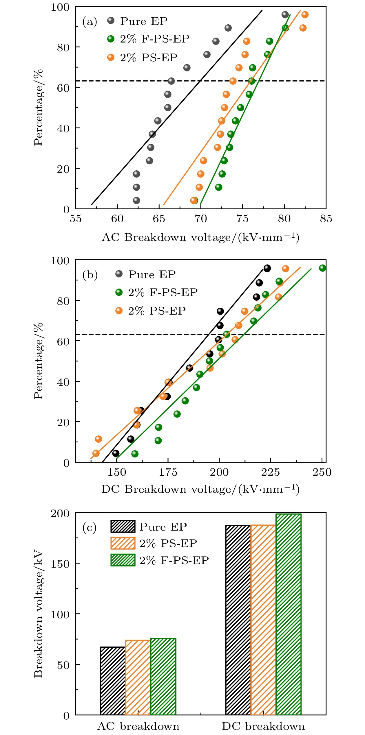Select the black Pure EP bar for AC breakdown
[113, 681]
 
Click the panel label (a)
[90, 22]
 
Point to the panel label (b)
[90, 275]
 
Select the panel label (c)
[90, 528]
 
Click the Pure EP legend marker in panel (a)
[111, 21]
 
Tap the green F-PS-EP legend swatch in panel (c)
[123, 560]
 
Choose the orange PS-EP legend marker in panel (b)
[119, 311]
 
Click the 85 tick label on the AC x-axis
[326, 219]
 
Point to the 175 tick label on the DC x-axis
[168, 472]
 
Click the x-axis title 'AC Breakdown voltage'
[200, 238]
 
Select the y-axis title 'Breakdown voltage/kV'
[38, 614]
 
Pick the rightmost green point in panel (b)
[322, 268]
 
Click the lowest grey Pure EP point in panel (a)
[136, 200]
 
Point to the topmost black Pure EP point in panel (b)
[267, 268]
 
